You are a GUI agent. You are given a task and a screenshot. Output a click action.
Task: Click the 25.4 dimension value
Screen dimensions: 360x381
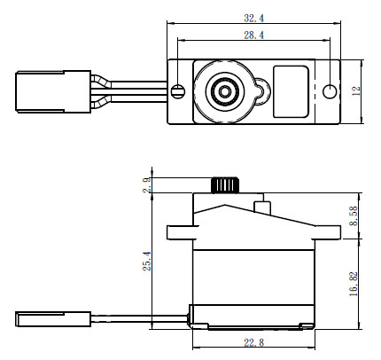tap(146, 262)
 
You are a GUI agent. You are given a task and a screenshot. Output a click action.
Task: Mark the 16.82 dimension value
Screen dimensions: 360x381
tap(355, 287)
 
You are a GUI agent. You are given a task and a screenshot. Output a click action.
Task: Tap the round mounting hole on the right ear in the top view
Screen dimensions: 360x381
tap(330, 90)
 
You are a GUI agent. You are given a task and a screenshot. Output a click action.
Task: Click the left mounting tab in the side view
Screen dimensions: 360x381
tap(179, 232)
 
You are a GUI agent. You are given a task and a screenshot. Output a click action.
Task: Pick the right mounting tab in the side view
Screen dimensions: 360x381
tap(329, 232)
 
